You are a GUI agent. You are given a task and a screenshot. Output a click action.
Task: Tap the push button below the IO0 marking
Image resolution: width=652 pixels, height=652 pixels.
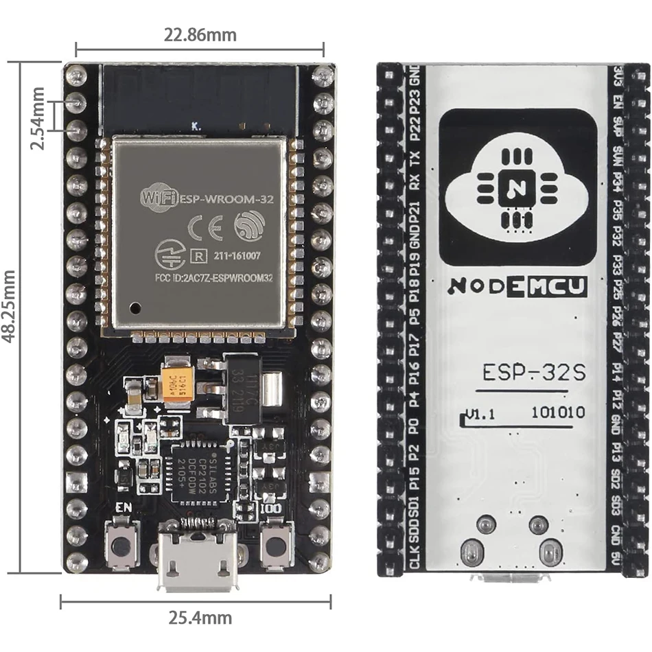(275, 546)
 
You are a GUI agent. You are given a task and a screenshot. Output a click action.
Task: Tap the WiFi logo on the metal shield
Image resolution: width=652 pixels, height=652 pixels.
(159, 199)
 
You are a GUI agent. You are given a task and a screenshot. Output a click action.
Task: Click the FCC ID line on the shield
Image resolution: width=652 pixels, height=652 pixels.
(198, 279)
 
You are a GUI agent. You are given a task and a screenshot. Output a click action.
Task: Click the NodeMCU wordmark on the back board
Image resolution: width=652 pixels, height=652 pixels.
(517, 287)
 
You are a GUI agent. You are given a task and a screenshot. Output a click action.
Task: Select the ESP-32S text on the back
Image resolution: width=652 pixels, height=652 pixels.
(533, 373)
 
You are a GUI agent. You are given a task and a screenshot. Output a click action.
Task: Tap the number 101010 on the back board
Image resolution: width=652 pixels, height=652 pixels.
(558, 412)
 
